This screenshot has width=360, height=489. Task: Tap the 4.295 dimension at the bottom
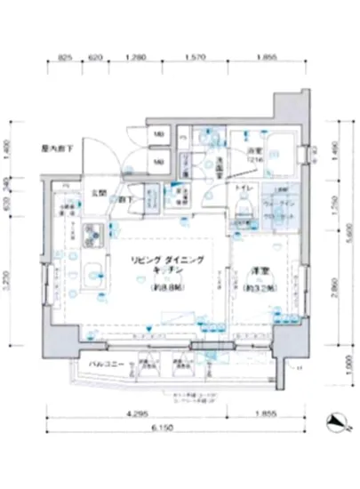point(136,414)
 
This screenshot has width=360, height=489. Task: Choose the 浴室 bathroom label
point(254,151)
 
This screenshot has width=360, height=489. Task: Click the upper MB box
point(159,135)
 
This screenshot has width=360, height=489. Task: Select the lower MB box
point(159,162)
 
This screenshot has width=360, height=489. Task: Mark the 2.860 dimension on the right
point(332,289)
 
